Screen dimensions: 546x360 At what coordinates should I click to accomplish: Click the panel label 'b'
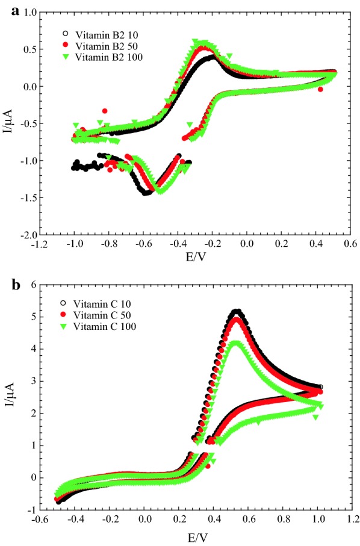click(x=17, y=284)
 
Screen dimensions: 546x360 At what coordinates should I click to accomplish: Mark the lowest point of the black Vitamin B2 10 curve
click(x=146, y=193)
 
